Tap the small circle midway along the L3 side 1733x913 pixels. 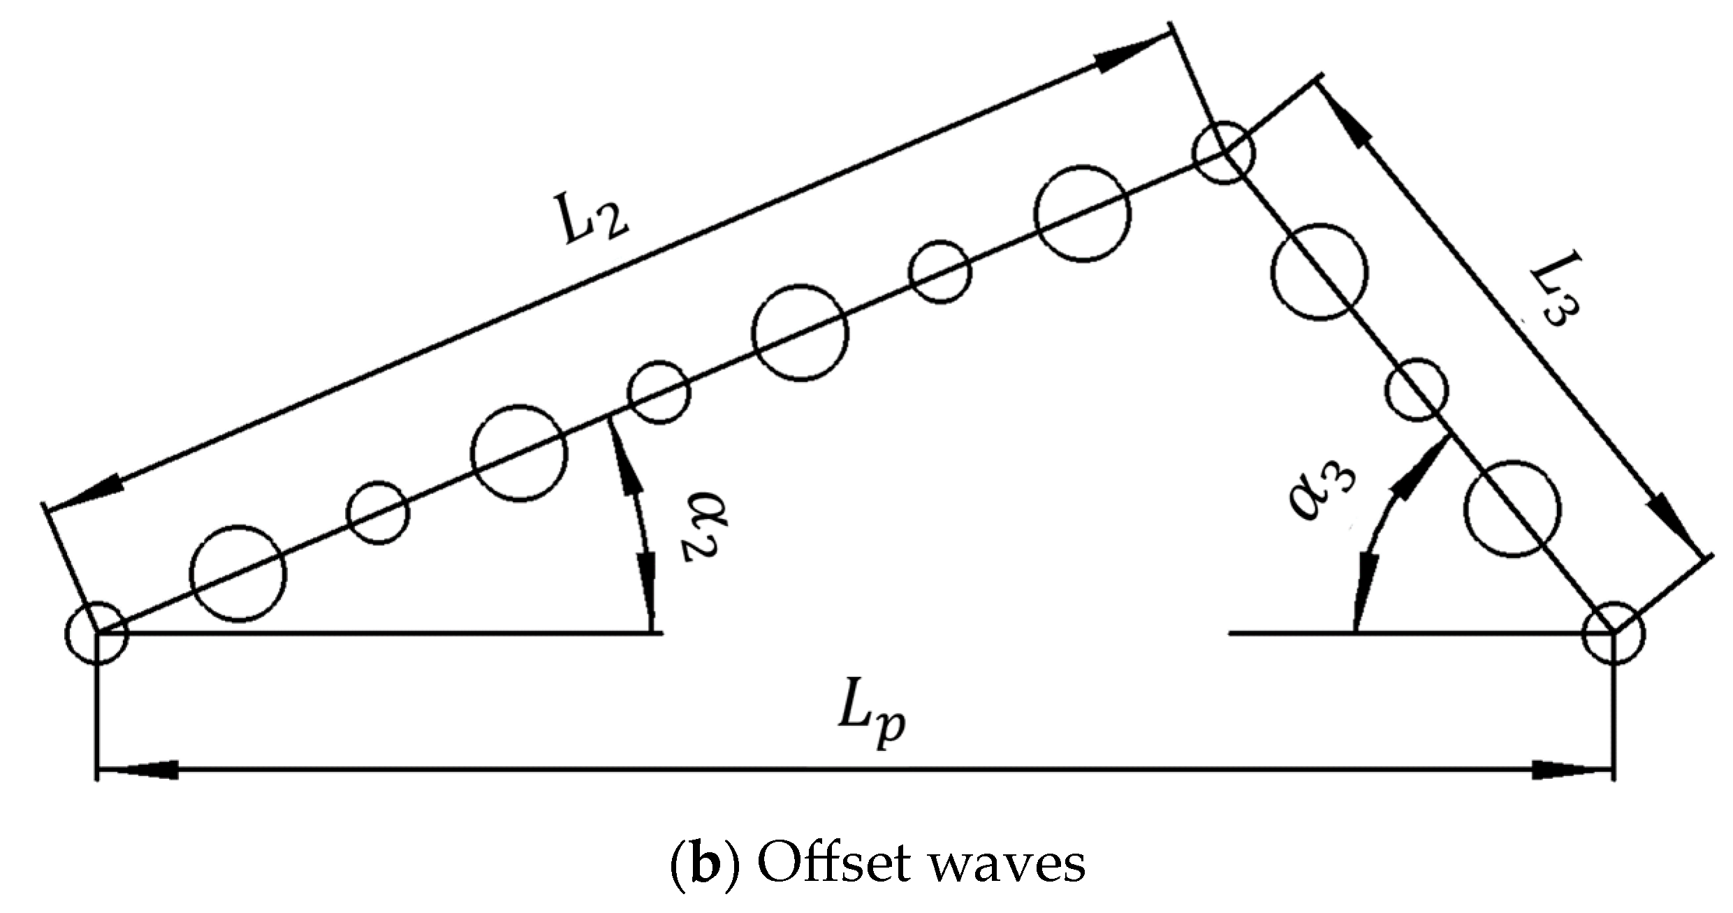pos(1417,390)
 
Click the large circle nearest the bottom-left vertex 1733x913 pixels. pos(238,573)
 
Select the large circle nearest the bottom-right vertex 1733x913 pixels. pos(1512,508)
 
